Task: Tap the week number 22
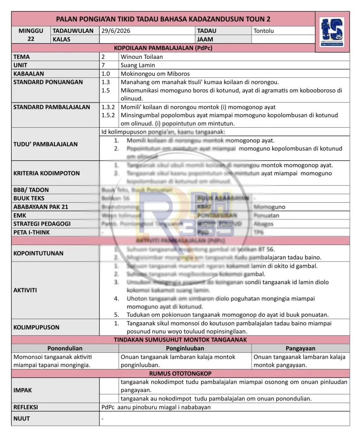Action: [x=31, y=39]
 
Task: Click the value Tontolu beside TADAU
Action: [x=264, y=31]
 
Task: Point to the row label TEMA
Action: [x=22, y=57]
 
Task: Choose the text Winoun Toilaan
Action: [x=142, y=57]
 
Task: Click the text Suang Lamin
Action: [x=138, y=65]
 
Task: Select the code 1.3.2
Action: [x=108, y=107]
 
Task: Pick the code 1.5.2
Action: [x=108, y=116]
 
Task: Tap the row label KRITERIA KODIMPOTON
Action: [x=46, y=173]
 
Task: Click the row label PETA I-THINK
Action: [x=31, y=232]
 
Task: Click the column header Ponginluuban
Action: [x=185, y=348]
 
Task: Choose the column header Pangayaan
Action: [x=300, y=348]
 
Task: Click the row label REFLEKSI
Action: [x=26, y=407]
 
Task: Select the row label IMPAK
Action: [x=22, y=390]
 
